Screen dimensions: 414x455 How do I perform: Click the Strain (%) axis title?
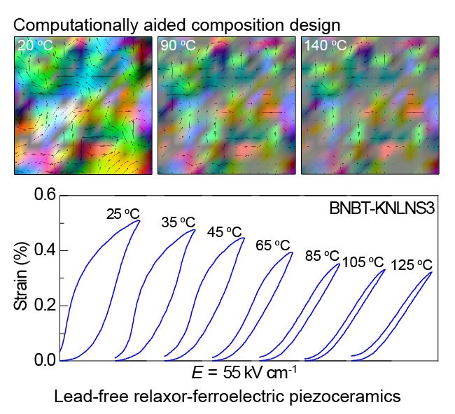point(22,278)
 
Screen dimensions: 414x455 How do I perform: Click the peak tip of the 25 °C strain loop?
point(140,221)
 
